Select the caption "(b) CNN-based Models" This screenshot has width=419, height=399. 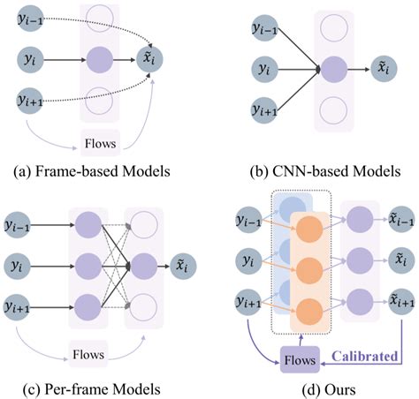coord(312,169)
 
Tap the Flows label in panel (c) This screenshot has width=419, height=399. coord(86,355)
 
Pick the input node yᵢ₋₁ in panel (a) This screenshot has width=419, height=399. coord(32,19)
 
